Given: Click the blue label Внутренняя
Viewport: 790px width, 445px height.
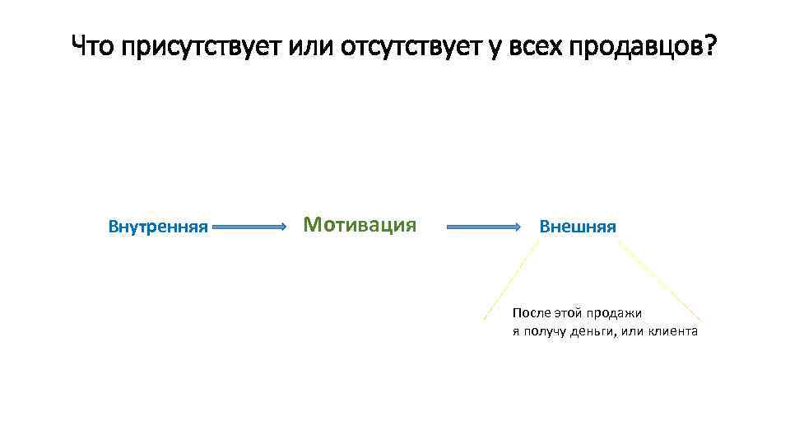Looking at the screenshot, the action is [158, 227].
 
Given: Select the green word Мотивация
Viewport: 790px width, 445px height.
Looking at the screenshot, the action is [360, 224].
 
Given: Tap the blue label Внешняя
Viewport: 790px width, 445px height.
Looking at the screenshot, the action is [577, 227].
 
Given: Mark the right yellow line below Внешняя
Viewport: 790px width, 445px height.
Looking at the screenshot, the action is [658, 279].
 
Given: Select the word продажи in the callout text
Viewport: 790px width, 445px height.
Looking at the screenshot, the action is [614, 313].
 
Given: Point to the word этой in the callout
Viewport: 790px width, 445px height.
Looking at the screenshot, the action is [569, 313].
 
